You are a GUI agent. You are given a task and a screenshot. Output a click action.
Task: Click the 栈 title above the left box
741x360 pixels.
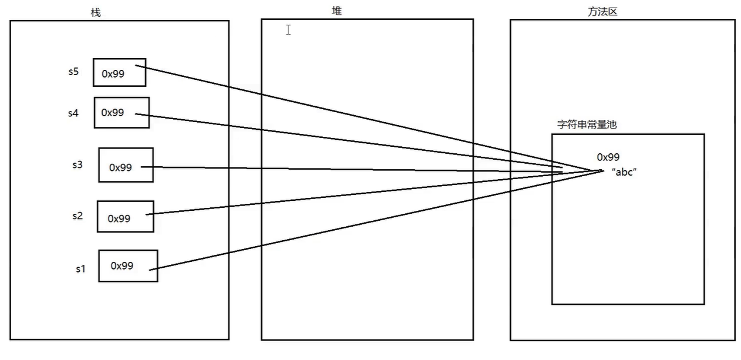(x=96, y=13)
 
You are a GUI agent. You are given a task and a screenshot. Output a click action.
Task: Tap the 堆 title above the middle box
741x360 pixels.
(x=336, y=11)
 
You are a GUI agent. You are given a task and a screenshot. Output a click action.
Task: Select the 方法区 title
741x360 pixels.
(x=602, y=12)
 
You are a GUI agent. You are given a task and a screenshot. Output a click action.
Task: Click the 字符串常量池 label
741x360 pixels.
(x=587, y=125)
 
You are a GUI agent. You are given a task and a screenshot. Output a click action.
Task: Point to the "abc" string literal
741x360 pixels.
(x=624, y=171)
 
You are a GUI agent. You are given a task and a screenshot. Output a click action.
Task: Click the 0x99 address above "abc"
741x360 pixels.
(x=608, y=157)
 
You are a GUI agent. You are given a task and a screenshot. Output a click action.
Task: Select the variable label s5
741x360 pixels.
(x=73, y=72)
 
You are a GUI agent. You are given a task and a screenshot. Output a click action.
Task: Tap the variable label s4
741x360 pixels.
(x=73, y=113)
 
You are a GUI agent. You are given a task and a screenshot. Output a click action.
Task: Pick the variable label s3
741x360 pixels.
(x=77, y=164)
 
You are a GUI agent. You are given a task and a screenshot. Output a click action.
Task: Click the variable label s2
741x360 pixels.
(x=77, y=216)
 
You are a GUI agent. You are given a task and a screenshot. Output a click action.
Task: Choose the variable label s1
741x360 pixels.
(x=80, y=269)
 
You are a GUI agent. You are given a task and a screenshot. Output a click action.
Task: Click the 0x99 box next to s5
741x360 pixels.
(x=119, y=72)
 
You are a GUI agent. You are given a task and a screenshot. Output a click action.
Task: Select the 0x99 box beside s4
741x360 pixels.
(x=122, y=112)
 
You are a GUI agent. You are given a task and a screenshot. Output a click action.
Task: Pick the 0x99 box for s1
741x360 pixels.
(x=128, y=265)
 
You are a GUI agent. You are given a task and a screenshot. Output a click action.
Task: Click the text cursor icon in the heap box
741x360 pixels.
(x=288, y=30)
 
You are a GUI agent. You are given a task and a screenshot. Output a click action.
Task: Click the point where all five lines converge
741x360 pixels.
(x=600, y=171)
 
